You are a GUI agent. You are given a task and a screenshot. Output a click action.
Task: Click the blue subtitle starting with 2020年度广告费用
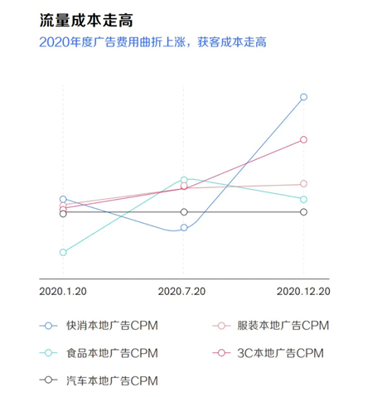point(158,41)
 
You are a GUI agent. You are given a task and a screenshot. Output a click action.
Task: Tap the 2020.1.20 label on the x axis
point(63,291)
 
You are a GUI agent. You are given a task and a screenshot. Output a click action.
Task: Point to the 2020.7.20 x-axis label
point(184,291)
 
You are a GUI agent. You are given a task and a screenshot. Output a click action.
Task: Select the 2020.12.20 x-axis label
point(303,291)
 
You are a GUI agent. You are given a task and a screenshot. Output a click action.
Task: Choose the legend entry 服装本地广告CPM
point(272,326)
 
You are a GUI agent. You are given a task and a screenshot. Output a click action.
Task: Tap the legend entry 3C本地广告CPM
point(268,353)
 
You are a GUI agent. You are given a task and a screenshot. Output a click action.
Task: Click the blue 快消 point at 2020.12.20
point(304,97)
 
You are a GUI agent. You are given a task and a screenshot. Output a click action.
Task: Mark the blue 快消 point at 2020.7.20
point(184,227)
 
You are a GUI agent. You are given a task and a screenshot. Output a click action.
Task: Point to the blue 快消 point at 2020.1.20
point(63,199)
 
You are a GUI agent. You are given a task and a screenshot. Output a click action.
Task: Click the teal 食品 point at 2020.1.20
point(63,252)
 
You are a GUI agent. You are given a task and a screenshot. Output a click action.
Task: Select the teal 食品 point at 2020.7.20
point(184,179)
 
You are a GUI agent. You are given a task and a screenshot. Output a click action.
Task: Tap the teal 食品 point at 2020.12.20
point(304,199)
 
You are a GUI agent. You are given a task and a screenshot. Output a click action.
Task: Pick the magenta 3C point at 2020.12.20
point(304,139)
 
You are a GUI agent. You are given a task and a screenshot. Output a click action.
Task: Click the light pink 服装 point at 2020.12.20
point(304,184)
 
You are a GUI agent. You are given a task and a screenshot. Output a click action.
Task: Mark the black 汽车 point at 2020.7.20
point(184,212)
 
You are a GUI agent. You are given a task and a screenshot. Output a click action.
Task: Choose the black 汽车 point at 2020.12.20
point(304,212)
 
